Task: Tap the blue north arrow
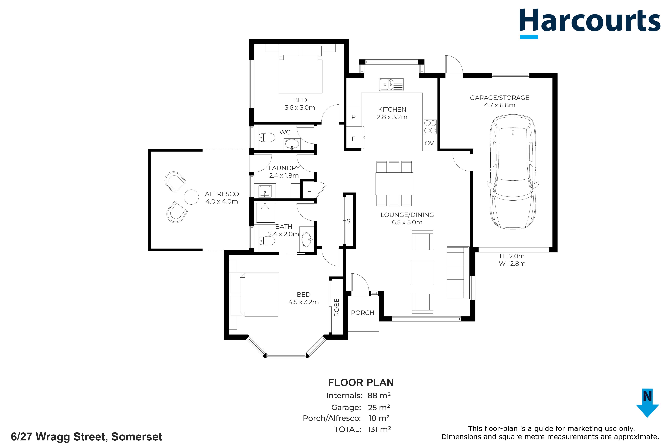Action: point(647,403)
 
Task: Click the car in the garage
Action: point(513,172)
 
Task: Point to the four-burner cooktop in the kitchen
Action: point(430,127)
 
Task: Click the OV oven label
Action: point(429,143)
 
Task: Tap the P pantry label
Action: point(354,117)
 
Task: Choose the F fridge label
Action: point(354,139)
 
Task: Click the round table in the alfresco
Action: point(191,197)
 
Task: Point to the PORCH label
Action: point(363,313)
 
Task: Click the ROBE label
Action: point(337,308)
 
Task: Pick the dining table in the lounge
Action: point(394,184)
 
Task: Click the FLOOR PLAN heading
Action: point(361,383)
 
